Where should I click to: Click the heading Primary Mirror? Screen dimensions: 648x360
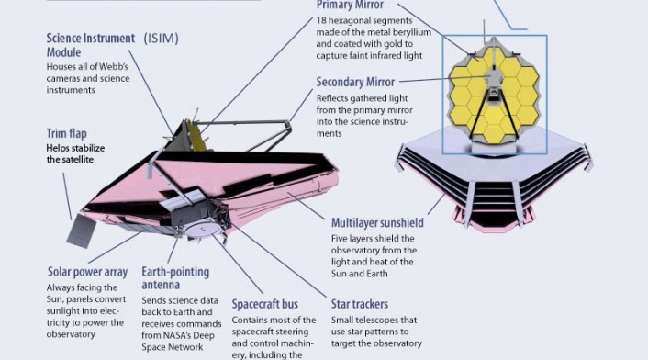click(x=350, y=5)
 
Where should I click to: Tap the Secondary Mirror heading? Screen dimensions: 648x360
click(x=355, y=82)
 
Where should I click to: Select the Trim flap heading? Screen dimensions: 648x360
click(x=66, y=133)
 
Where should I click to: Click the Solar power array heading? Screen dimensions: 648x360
click(x=87, y=272)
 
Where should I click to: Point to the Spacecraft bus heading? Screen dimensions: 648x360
click(x=265, y=304)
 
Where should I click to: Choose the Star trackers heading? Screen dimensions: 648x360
click(x=360, y=304)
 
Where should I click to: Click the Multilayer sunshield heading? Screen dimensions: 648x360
click(x=377, y=223)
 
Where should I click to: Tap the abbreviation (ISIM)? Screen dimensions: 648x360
click(x=162, y=39)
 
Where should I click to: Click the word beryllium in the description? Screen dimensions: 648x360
click(x=412, y=32)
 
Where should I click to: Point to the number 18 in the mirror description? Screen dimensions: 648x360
click(x=321, y=21)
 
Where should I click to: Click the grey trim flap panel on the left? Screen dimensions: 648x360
click(x=81, y=231)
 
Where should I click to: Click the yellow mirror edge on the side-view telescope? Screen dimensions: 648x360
click(x=196, y=137)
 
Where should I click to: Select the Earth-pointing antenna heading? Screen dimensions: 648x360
click(x=175, y=278)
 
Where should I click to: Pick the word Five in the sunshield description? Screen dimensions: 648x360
click(x=339, y=239)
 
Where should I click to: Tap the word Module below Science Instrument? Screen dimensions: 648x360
click(x=63, y=52)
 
